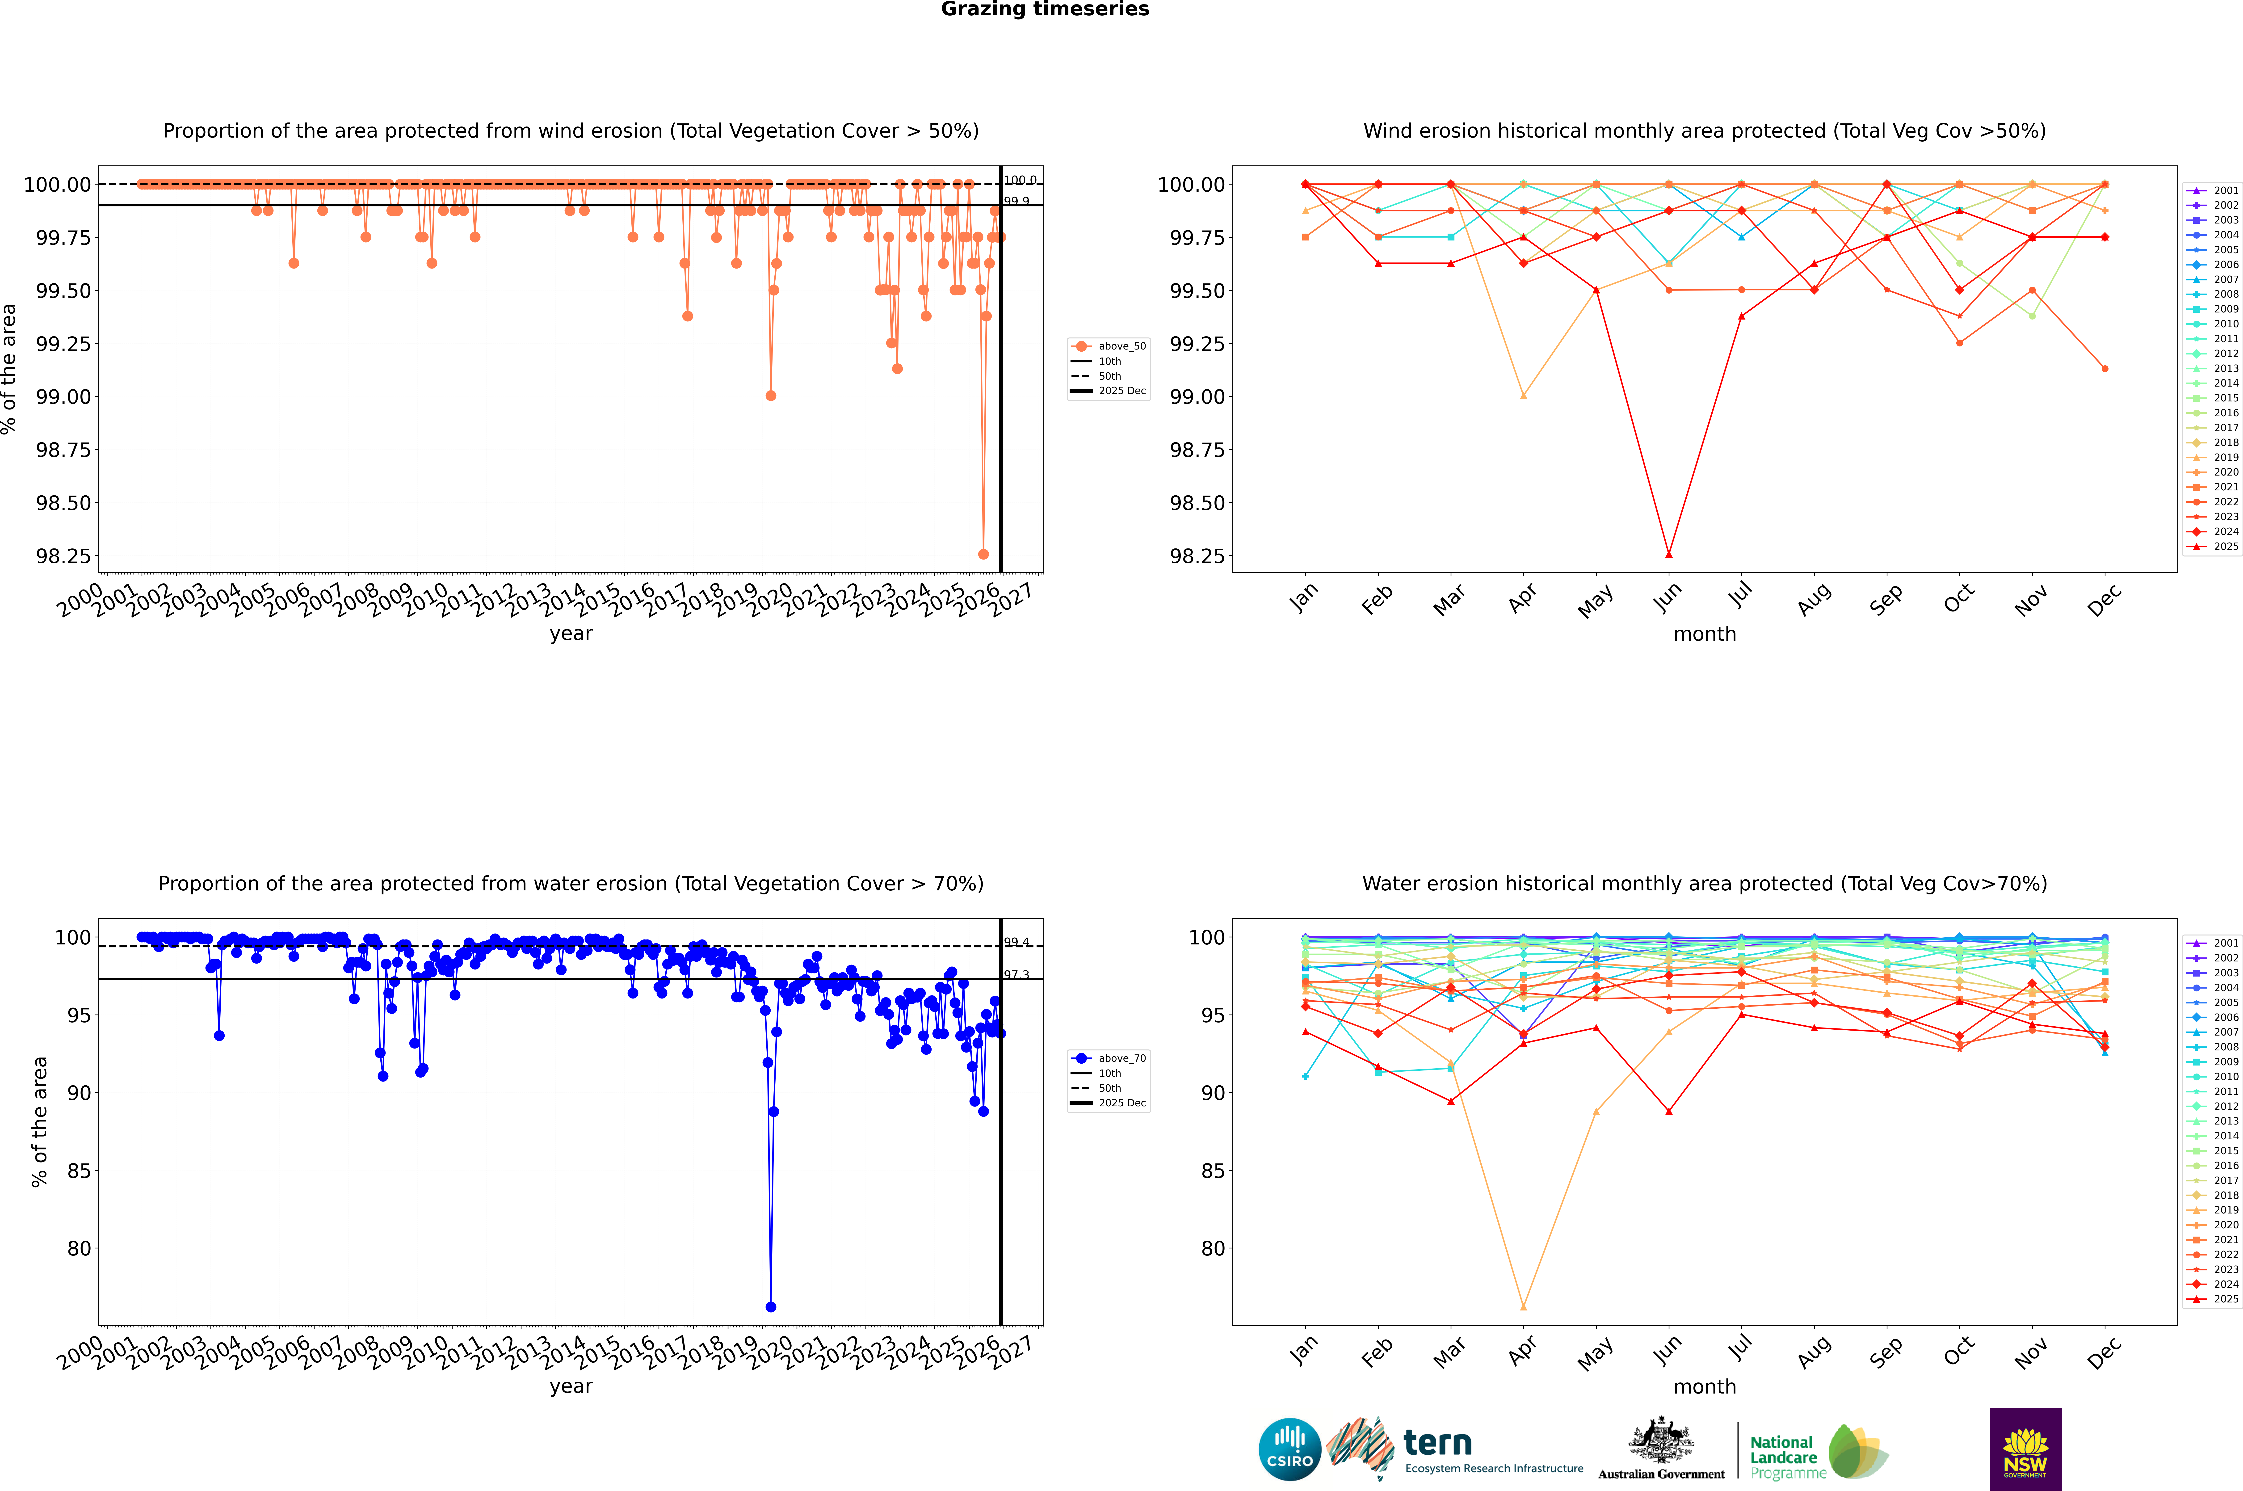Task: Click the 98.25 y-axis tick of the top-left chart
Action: point(64,556)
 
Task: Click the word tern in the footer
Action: point(1438,1444)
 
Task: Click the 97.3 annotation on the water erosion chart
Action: point(1016,975)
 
